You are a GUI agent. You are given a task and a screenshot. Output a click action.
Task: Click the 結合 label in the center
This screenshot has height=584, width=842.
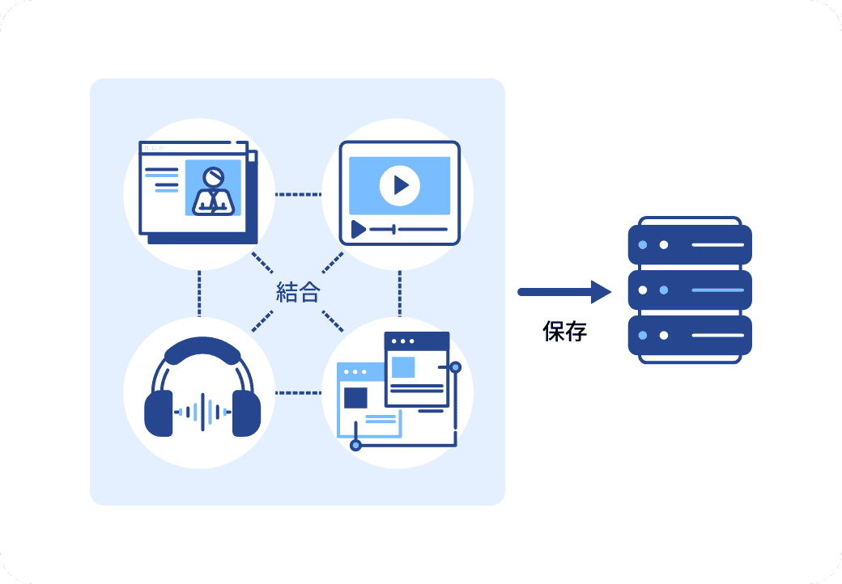click(298, 292)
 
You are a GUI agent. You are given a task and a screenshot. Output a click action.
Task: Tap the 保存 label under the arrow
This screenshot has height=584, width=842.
click(565, 331)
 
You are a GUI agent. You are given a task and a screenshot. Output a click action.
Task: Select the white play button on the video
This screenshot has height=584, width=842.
click(399, 185)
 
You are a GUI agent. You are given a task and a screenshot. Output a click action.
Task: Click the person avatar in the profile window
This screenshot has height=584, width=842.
click(213, 189)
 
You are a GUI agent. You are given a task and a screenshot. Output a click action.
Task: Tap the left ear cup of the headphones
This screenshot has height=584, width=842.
click(159, 412)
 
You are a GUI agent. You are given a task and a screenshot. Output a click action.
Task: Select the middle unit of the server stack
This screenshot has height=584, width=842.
click(690, 290)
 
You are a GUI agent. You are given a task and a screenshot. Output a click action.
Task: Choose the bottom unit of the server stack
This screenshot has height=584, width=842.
click(690, 335)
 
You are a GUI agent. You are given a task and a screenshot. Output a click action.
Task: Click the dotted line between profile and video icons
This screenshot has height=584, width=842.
click(298, 195)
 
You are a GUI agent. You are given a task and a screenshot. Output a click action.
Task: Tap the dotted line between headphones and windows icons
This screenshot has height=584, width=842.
click(298, 393)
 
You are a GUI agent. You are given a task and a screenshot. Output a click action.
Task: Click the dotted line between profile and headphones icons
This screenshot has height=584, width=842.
click(199, 293)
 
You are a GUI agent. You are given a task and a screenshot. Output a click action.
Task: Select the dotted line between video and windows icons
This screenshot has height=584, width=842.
click(399, 293)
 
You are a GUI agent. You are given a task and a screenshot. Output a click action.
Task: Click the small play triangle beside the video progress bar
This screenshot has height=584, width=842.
click(358, 230)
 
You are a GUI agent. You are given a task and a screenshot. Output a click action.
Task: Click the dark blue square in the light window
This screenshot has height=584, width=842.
click(355, 398)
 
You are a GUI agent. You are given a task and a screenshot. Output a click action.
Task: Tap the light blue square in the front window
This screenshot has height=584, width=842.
click(403, 366)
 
